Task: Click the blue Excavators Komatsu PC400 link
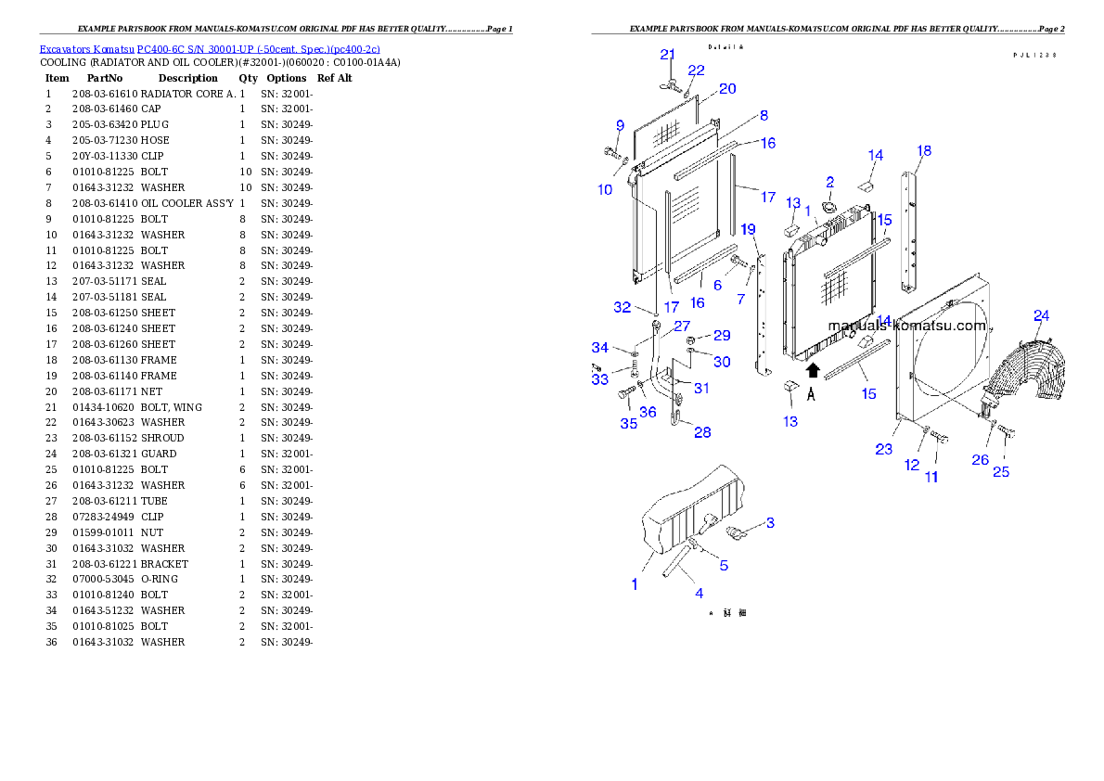click(209, 48)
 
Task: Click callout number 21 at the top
click(668, 55)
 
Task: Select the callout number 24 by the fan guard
click(1042, 316)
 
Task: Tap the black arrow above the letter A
click(813, 371)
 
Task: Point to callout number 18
click(924, 151)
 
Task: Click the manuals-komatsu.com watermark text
click(907, 326)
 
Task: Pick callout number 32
click(623, 308)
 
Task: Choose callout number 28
click(703, 432)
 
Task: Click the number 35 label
click(629, 424)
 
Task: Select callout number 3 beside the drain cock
click(768, 523)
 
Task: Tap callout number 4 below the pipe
click(699, 593)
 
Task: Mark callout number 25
click(1001, 472)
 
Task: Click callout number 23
click(883, 449)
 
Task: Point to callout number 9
click(620, 126)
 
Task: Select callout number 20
click(727, 88)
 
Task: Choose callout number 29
click(722, 335)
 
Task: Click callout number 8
click(764, 116)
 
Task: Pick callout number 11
click(931, 477)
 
